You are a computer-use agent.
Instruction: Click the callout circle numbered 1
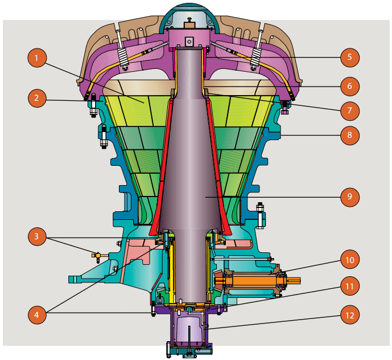[x=36, y=58]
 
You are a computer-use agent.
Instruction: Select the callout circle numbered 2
[x=36, y=98]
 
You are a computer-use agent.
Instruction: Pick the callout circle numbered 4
[x=36, y=314]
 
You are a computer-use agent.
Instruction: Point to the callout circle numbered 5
[x=350, y=57]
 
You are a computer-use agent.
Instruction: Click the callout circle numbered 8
[x=350, y=136]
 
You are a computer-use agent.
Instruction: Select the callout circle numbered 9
[x=350, y=197]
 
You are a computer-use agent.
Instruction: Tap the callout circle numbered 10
[x=350, y=260]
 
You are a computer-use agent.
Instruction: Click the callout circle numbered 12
[x=350, y=314]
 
